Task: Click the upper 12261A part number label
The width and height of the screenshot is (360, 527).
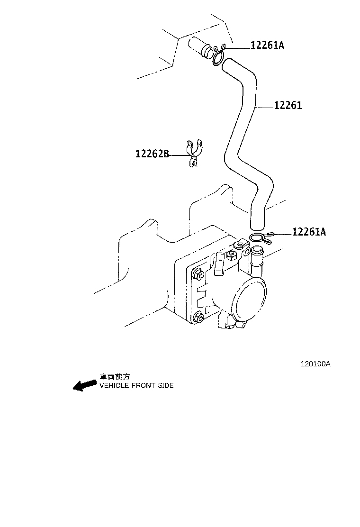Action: point(267,45)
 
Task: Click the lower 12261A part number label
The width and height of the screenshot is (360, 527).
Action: point(308,232)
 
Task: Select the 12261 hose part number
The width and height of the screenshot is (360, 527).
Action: point(288,106)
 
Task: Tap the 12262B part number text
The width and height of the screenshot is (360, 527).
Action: point(152,154)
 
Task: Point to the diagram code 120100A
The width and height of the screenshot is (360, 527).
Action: point(315,364)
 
